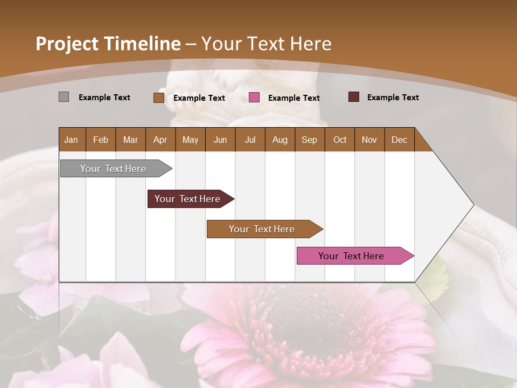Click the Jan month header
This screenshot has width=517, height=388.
click(x=72, y=140)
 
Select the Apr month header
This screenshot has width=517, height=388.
click(x=160, y=140)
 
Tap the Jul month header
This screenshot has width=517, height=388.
click(x=250, y=140)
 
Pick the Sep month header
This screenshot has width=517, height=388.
click(x=310, y=140)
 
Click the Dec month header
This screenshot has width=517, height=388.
click(x=399, y=140)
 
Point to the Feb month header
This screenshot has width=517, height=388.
click(x=101, y=140)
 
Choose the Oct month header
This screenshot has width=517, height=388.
click(x=340, y=140)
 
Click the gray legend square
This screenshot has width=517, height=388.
click(x=64, y=97)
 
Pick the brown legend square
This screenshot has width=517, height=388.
click(x=158, y=98)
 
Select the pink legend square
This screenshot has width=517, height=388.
click(x=254, y=98)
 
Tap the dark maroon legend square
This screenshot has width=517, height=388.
click(x=354, y=97)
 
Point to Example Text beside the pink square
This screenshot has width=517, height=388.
click(x=294, y=98)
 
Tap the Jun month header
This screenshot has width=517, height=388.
click(x=220, y=140)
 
